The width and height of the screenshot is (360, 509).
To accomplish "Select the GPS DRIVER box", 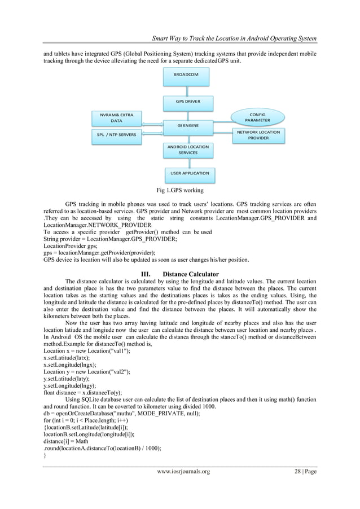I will pos(188,102).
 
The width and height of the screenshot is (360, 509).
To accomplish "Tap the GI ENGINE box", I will pos(188,124).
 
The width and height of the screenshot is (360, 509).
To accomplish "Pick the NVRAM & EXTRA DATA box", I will pos(116,117).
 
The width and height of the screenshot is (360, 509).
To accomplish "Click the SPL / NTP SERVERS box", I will pos(116,134).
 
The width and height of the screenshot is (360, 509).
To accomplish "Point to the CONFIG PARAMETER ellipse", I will pos(257,117).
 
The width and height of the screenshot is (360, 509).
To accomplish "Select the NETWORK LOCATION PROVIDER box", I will pos(257,135).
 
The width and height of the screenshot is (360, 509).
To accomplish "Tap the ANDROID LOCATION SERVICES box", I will pos(188,150).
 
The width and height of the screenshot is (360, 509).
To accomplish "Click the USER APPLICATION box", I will pos(188,173).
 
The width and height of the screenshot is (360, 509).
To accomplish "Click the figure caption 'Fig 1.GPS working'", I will pos(180,190).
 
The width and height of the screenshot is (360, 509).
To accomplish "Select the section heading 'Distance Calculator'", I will pos(191,275).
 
